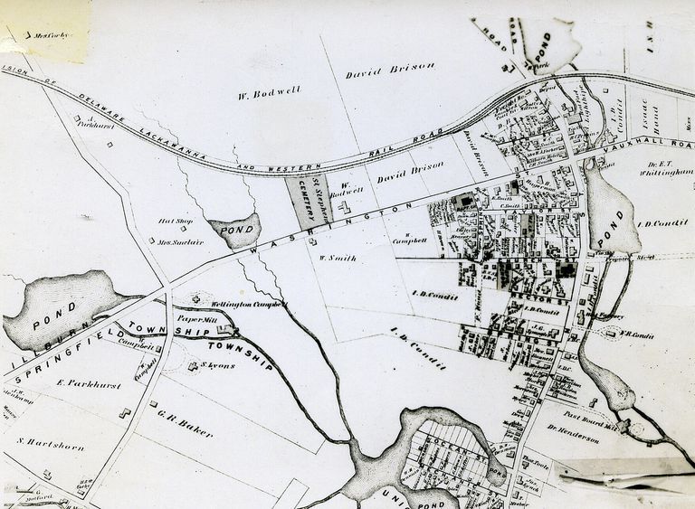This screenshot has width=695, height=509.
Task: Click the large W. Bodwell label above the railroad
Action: (269, 91)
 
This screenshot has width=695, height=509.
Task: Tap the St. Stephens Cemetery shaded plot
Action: (307, 201)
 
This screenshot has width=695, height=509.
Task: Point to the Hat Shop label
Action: (176, 221)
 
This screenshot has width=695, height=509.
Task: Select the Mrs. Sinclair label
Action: (179, 241)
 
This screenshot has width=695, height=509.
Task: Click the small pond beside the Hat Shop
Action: (235, 231)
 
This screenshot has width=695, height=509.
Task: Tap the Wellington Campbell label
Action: (248, 304)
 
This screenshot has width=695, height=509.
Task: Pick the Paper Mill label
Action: (198, 319)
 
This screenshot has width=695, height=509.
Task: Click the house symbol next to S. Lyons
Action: (193, 366)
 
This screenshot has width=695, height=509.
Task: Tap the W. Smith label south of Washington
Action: (338, 259)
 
